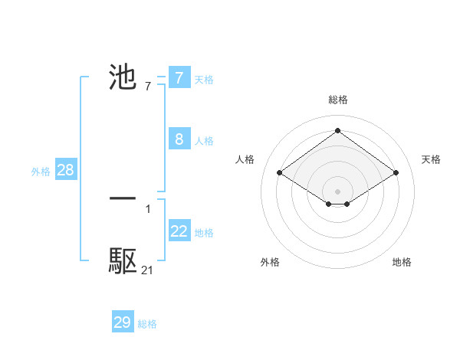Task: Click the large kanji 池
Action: [123, 77]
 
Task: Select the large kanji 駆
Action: [123, 261]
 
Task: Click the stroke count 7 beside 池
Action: [148, 87]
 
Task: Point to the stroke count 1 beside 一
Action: [148, 208]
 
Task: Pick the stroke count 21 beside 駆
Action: [148, 270]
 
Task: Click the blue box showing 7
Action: [179, 77]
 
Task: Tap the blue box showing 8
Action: [179, 139]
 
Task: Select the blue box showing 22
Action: [179, 231]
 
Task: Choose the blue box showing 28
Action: [65, 170]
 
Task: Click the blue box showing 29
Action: [122, 322]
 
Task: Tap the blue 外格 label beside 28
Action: [41, 172]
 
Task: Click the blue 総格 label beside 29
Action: [147, 324]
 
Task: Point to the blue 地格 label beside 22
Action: [205, 233]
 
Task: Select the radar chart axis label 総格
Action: [338, 100]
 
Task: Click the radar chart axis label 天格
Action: [432, 159]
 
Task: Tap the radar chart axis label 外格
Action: [270, 262]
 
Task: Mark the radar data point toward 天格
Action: [396, 173]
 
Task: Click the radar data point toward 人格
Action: [280, 173]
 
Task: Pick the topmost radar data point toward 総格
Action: [338, 130]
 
